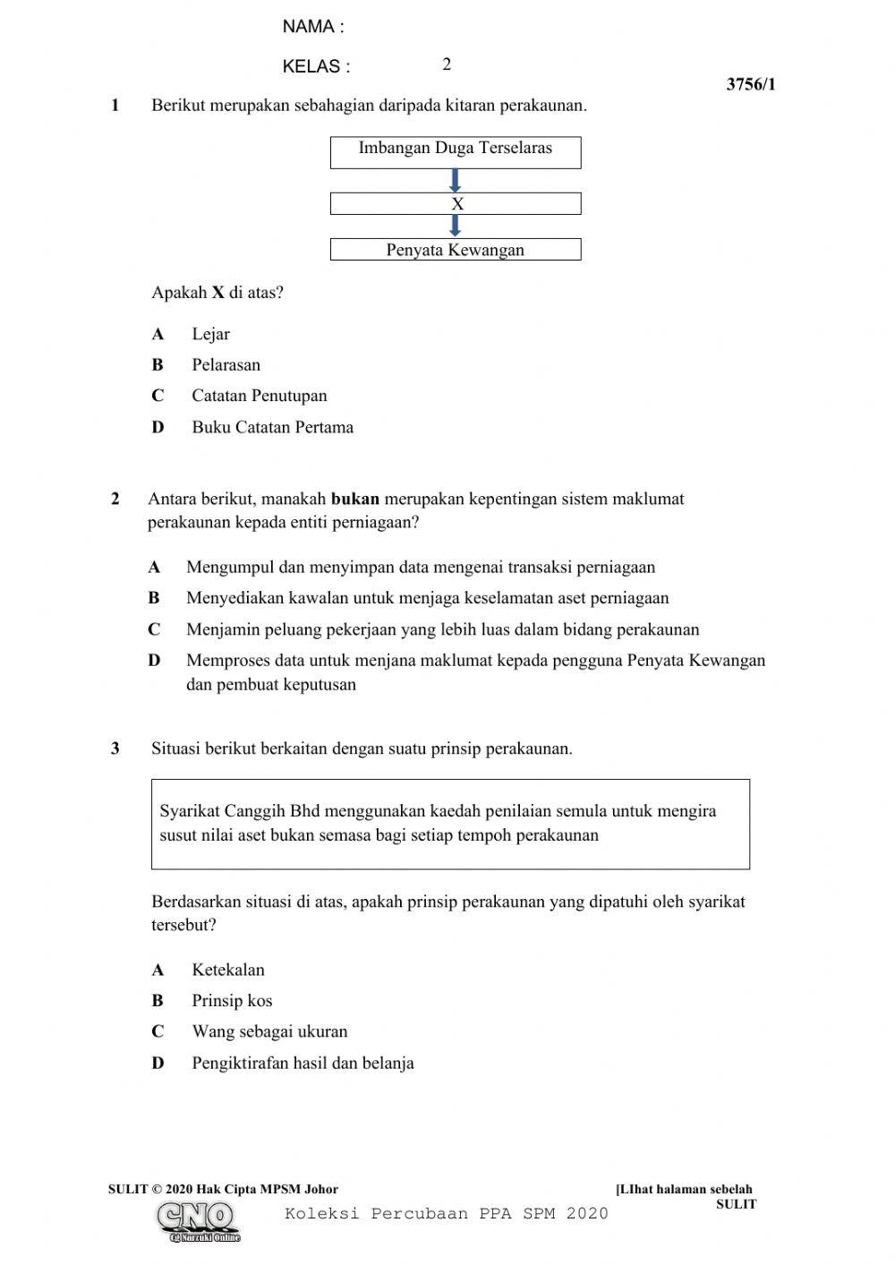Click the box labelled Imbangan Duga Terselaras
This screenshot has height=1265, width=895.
(x=456, y=151)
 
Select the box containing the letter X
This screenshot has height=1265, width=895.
(x=456, y=204)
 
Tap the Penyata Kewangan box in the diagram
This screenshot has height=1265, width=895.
(x=456, y=250)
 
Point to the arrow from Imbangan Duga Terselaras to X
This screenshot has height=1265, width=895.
(x=455, y=181)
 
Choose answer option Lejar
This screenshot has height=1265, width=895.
(x=210, y=334)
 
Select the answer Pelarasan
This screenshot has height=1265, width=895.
(x=226, y=364)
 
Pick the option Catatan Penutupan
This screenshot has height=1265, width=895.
(x=259, y=396)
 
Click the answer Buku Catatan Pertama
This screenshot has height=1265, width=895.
(x=272, y=427)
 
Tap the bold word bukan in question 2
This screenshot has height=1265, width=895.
(x=355, y=499)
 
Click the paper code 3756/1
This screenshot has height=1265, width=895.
(x=751, y=85)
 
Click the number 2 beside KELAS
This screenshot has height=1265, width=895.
(x=447, y=64)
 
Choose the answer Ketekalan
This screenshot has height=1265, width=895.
(x=228, y=970)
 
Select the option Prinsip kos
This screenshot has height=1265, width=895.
(x=232, y=1001)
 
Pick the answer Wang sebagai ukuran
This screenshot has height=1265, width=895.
(x=269, y=1031)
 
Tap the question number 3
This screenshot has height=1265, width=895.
(x=115, y=748)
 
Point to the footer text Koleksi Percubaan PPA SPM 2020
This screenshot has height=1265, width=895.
(x=447, y=1214)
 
